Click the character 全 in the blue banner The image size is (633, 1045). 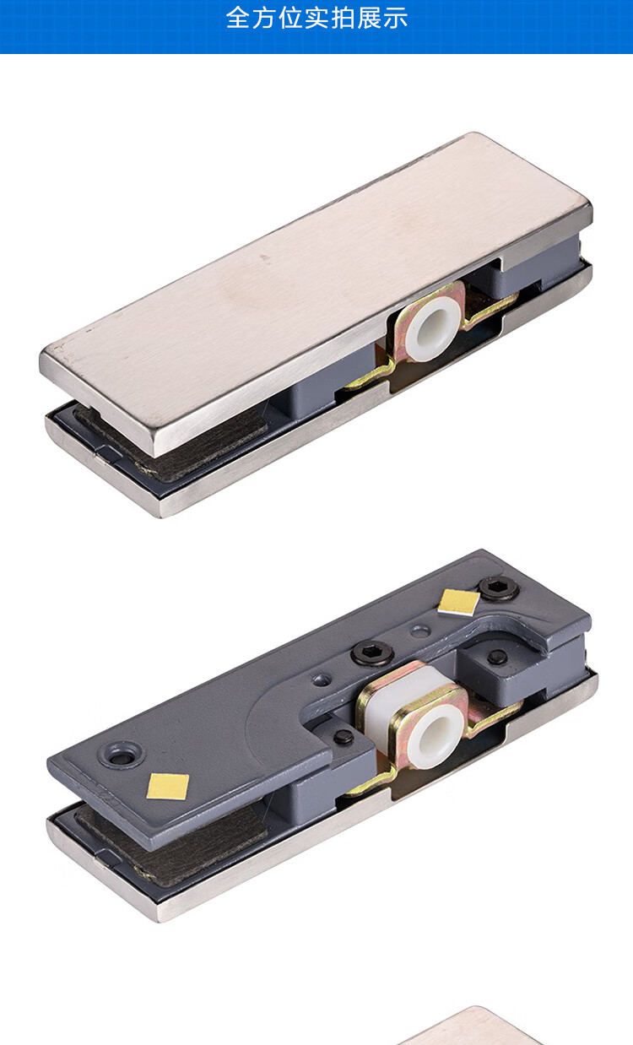tap(238, 19)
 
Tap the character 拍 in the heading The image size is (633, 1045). tap(343, 19)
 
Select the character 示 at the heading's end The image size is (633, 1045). tap(396, 19)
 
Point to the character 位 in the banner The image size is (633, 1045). tap(290, 19)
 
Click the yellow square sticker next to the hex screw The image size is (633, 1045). tap(458, 602)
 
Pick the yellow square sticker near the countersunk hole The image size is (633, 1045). tap(168, 786)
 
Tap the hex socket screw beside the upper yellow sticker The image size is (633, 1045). tap(499, 588)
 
